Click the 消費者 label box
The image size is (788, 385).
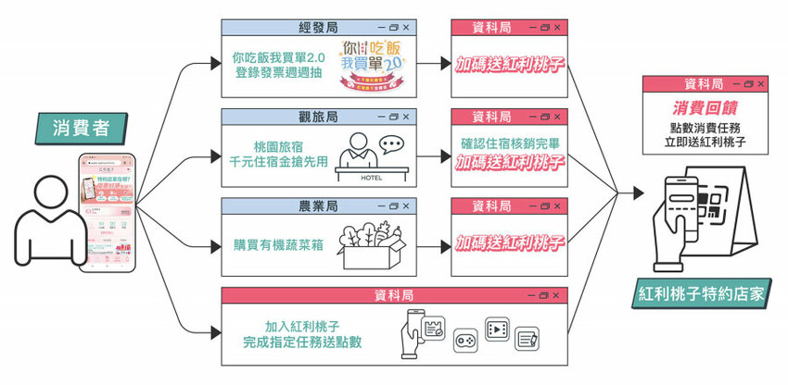78,126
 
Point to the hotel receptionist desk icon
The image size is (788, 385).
371,156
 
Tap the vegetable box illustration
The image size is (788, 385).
370,244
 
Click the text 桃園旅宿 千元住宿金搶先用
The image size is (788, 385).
277,153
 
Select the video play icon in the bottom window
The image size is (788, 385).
498,329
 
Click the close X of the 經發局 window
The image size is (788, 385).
404,28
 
